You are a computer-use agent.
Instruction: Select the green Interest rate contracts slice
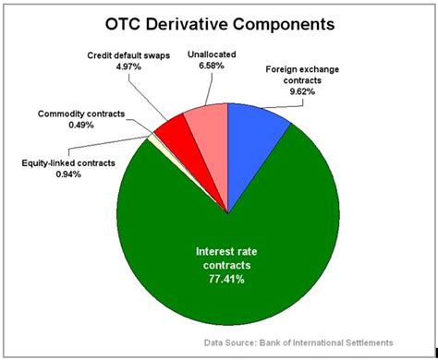[222, 277]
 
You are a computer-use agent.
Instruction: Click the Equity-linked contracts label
[67, 162]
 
